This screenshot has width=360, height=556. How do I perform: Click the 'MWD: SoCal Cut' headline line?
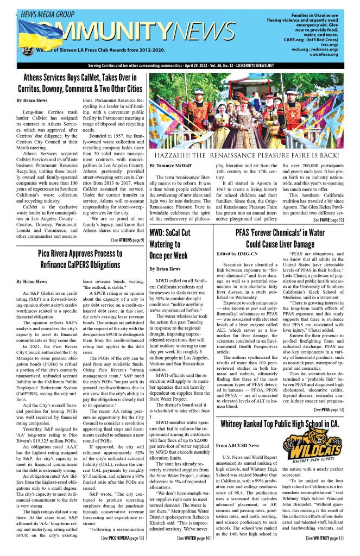(176, 233)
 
